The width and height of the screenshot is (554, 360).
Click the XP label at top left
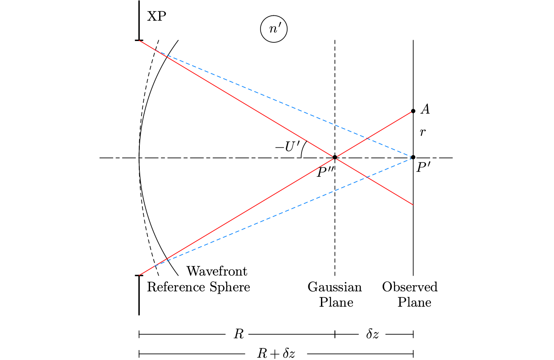click(156, 17)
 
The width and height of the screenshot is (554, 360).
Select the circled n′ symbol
click(274, 29)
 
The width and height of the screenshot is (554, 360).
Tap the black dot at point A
click(413, 111)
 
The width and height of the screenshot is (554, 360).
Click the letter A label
click(425, 109)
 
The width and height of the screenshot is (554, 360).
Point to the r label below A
click(422, 133)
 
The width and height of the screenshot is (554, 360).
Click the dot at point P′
click(413, 157)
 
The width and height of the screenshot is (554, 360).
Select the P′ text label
click(424, 168)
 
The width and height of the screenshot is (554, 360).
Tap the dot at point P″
click(334, 157)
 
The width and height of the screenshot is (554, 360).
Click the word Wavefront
click(217, 271)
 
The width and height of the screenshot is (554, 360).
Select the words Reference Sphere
click(198, 287)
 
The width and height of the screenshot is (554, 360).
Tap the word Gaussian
click(334, 287)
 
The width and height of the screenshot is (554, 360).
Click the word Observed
click(410, 287)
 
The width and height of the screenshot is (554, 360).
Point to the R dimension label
click(238, 334)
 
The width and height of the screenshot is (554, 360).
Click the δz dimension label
click(372, 334)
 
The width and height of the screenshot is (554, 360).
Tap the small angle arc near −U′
click(304, 149)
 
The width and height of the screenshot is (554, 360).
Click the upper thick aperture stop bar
click(139, 20)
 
